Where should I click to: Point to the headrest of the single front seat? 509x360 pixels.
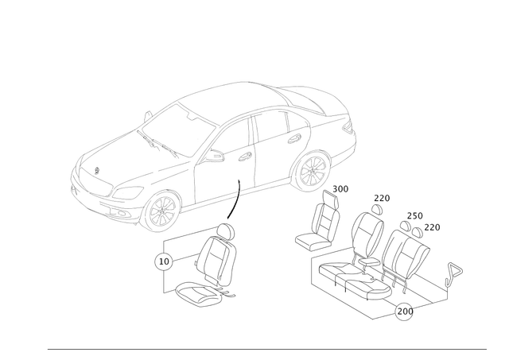228,230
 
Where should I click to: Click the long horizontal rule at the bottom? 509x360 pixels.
266,347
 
